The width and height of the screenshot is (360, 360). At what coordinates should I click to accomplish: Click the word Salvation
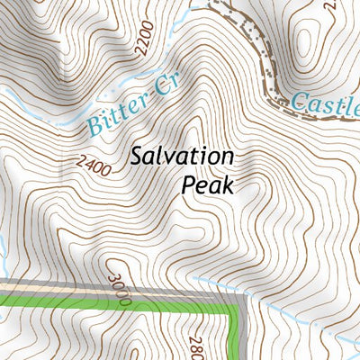tap(182, 157)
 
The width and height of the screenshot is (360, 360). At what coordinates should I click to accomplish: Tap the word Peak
tap(208, 185)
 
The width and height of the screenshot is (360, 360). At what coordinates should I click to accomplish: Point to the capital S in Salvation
tap(136, 157)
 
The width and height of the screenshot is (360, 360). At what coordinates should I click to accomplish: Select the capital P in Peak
tap(188, 185)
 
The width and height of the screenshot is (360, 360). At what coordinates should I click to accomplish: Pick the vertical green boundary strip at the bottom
tap(237, 337)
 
